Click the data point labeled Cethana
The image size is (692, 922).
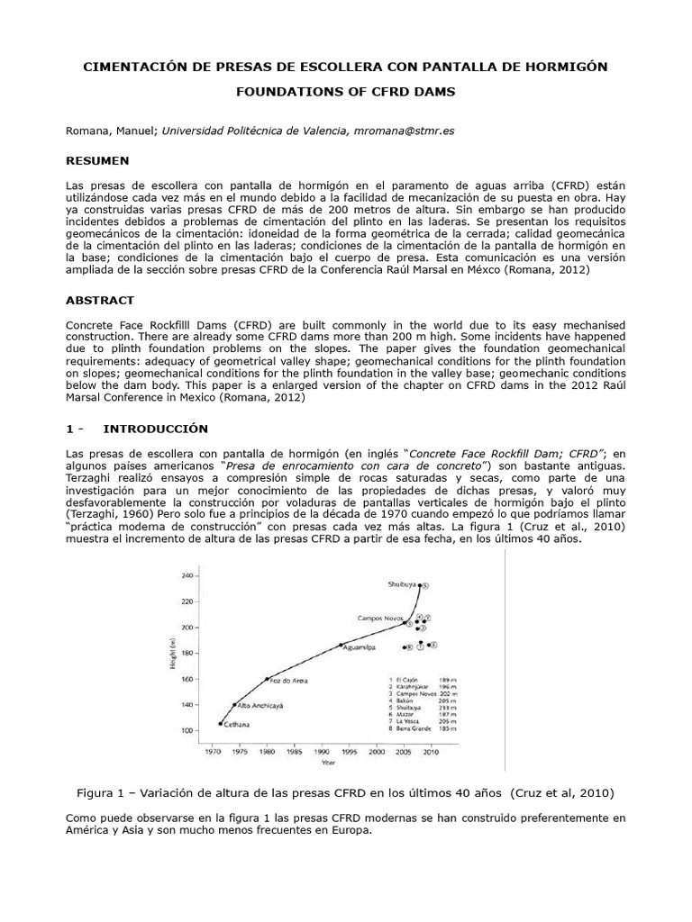pos(221,723)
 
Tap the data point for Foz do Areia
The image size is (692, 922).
pos(268,679)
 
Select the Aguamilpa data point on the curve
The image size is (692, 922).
pos(341,645)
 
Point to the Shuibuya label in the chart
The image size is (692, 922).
pos(403,584)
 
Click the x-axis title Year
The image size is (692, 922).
pos(329,763)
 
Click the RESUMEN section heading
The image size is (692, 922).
pos(97,160)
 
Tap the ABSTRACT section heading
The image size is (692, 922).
pos(100,300)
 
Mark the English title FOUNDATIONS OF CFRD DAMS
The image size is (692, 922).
pos(345,92)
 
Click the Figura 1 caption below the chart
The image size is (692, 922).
pos(346,793)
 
